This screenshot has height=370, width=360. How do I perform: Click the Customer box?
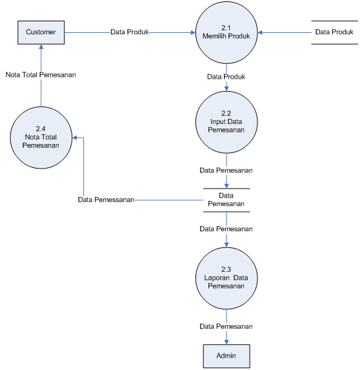click(x=41, y=32)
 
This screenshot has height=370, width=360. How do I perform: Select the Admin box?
click(x=226, y=356)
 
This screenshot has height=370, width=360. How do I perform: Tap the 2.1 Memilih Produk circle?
click(x=226, y=32)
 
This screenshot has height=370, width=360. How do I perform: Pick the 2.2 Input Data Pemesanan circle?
click(x=226, y=122)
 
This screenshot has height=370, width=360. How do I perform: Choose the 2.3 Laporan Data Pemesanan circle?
click(x=226, y=278)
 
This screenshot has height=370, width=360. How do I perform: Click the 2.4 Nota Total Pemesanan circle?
click(x=41, y=138)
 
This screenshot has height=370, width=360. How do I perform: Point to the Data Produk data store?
click(x=335, y=32)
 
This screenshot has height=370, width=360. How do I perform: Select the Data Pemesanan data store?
click(x=226, y=200)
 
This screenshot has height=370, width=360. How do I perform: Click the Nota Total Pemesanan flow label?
click(x=41, y=75)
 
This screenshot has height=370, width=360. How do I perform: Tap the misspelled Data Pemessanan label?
click(x=106, y=200)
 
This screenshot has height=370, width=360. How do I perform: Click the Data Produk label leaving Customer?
click(x=130, y=32)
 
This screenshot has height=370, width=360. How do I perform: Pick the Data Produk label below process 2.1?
click(x=226, y=77)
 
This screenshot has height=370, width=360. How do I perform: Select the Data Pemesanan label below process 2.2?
click(x=226, y=170)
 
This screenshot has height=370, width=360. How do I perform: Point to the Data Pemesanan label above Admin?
click(x=226, y=326)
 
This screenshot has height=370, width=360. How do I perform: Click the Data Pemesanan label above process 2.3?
click(x=226, y=229)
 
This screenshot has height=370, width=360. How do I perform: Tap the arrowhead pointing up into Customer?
click(x=41, y=46)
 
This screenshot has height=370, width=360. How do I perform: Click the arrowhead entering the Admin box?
click(x=226, y=342)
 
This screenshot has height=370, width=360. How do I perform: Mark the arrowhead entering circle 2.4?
click(x=74, y=138)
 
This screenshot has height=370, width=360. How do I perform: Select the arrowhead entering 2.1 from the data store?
click(x=260, y=32)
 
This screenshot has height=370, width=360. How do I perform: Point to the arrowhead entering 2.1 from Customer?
click(x=193, y=32)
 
